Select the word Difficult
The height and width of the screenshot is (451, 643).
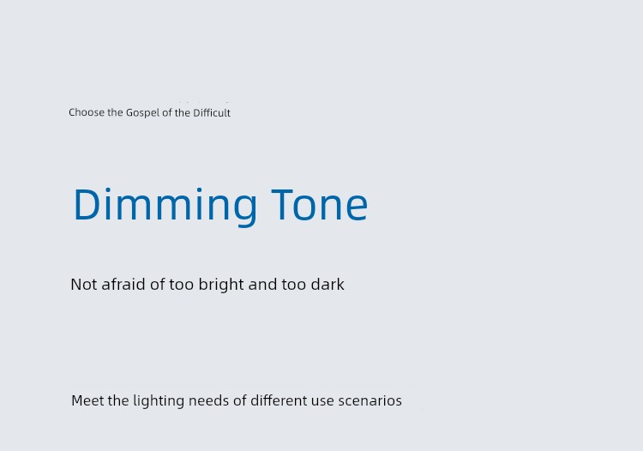[212, 112]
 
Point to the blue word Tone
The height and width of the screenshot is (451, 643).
[320, 204]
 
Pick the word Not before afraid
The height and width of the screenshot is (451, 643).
[84, 284]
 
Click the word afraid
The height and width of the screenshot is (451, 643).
[123, 284]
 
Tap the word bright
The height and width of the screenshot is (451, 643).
[221, 285]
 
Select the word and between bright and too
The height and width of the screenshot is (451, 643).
[262, 284]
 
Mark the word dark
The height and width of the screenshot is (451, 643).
[328, 284]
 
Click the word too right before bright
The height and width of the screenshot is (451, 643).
[181, 285]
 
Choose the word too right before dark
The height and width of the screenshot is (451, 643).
[293, 285]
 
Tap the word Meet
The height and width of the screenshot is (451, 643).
[87, 400]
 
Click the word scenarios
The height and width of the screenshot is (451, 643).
[370, 400]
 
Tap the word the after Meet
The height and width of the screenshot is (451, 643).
[118, 400]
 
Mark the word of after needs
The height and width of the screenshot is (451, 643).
[240, 400]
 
